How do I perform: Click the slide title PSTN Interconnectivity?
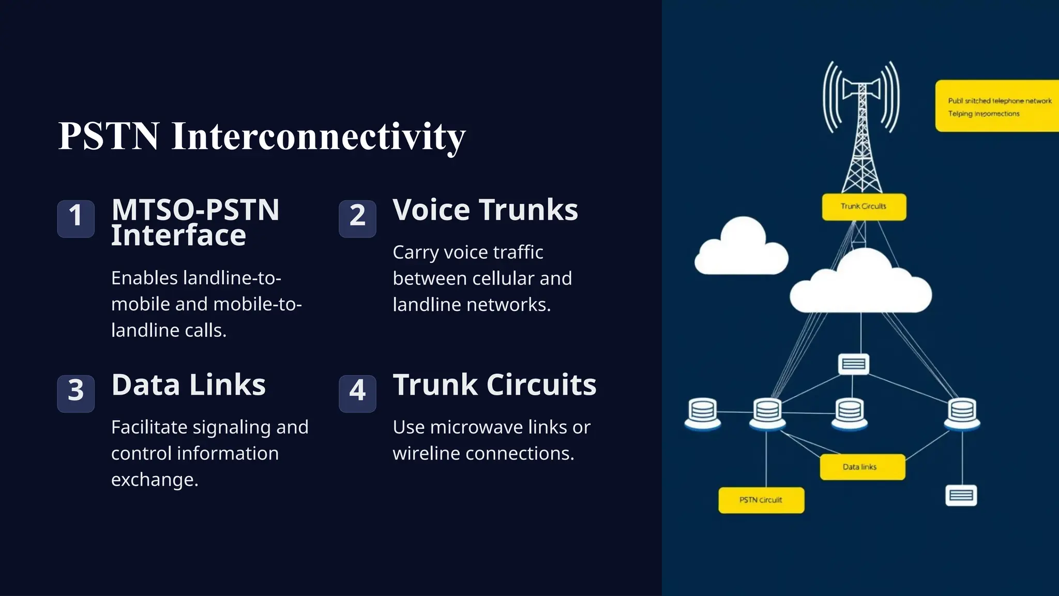(262, 136)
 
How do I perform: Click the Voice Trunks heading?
(485, 210)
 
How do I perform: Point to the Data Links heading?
(188, 385)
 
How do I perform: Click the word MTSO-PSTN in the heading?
(195, 210)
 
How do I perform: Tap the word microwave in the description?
(476, 427)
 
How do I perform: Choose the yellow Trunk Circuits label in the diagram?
(864, 207)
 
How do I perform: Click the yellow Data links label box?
(862, 467)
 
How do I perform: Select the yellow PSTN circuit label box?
(761, 500)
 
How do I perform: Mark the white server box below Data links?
(961, 495)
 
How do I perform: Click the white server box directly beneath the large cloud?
(853, 364)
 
